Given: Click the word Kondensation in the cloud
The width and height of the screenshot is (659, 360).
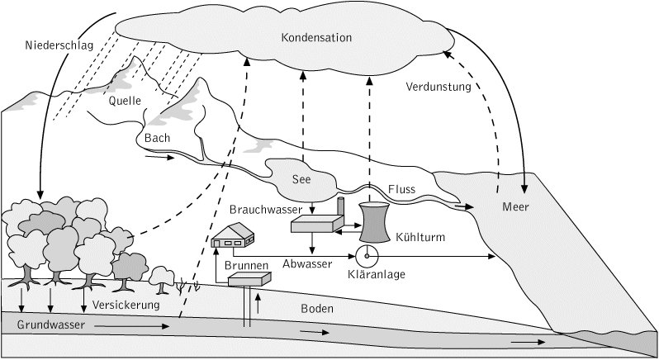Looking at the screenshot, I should click(316, 38).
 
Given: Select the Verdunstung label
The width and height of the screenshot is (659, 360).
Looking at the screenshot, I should click(438, 86).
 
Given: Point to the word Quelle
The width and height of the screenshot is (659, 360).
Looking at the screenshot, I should click(126, 101).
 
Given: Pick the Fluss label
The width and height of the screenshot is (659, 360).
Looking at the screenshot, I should click(401, 190).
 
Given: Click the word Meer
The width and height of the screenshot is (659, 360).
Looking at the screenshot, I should click(515, 206).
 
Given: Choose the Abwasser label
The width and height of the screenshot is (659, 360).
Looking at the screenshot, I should click(307, 264).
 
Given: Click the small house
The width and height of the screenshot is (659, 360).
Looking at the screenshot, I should click(233, 239).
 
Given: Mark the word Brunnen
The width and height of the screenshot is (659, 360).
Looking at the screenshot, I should click(248, 267).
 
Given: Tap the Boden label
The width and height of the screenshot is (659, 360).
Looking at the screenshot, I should click(317, 309).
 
